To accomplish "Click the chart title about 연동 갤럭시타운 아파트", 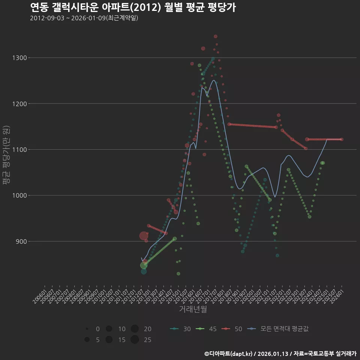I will pyautogui.click(x=133, y=7).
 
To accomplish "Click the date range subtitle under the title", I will pyautogui.click(x=84, y=18).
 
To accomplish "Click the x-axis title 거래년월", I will pyautogui.click(x=193, y=309).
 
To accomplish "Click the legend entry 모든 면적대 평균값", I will pyautogui.click(x=278, y=329).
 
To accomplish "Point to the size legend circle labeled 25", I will pyautogui.click(x=135, y=340).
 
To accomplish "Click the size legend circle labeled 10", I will pyautogui.click(x=109, y=329).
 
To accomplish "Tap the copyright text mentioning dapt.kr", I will pyautogui.click(x=280, y=353).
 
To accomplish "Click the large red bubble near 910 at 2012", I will pyautogui.click(x=144, y=236).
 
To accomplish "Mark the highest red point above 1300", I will pyautogui.click(x=216, y=36).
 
